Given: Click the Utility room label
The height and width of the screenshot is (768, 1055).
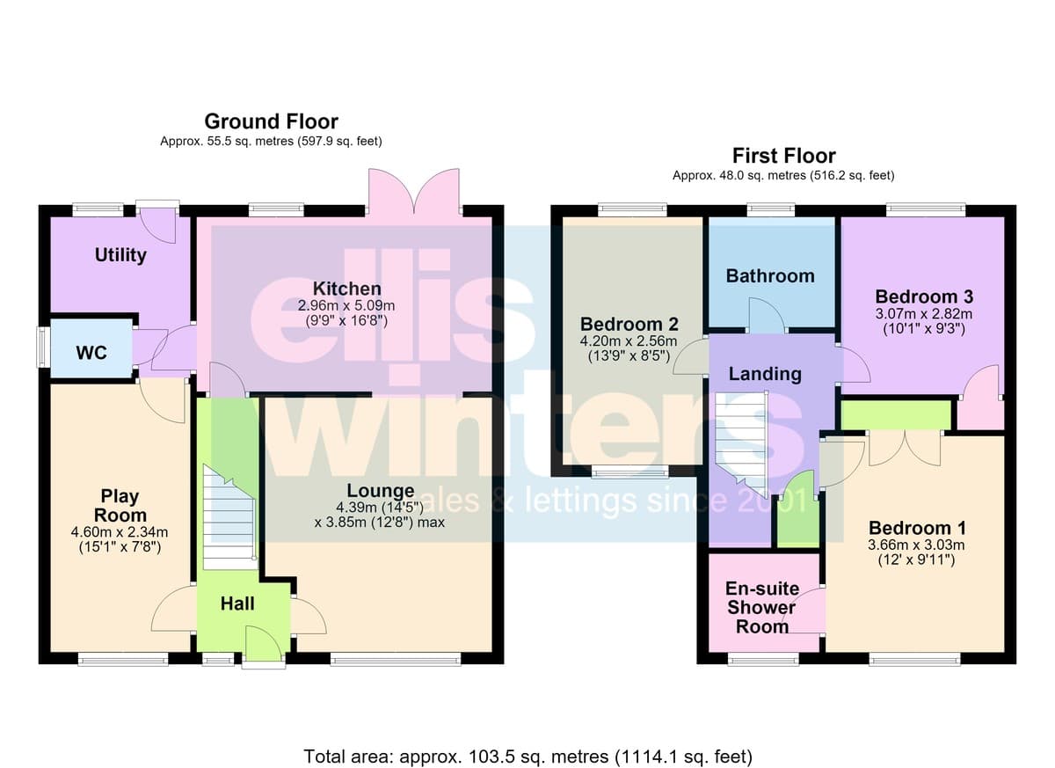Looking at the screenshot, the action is click(120, 255).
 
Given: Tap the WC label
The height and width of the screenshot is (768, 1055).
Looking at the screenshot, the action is click(91, 353).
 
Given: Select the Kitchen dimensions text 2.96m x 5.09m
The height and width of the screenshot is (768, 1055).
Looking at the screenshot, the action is click(346, 306).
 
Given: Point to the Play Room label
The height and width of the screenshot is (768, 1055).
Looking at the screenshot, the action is click(120, 506).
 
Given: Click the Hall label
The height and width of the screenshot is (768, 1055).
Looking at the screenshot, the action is click(237, 603).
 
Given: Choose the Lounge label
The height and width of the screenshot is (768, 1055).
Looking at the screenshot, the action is click(381, 491).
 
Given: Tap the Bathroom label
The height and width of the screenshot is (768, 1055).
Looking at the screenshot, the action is click(770, 275).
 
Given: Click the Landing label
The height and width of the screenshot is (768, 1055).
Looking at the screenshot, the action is click(765, 374).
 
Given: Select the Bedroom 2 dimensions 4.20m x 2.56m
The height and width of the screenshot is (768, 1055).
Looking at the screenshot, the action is click(629, 340).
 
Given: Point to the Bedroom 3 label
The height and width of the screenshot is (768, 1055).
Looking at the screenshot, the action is click(924, 296).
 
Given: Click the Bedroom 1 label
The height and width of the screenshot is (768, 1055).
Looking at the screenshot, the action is click(918, 528).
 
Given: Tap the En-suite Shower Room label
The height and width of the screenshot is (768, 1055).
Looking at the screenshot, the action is click(762, 607).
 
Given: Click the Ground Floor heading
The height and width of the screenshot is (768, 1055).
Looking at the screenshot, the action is click(272, 121).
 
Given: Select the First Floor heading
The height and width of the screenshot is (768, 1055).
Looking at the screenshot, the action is click(783, 156).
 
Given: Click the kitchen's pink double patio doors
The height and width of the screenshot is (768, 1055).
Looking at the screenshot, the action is click(414, 192).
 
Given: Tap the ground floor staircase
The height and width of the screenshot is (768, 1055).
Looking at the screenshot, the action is click(229, 517).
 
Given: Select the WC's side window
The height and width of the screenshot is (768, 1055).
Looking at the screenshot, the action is click(44, 347).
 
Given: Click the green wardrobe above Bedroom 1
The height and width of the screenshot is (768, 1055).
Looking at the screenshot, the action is click(896, 414).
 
